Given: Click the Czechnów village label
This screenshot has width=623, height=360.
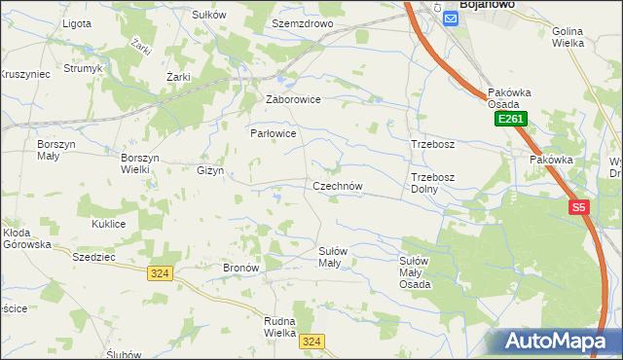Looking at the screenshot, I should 338,186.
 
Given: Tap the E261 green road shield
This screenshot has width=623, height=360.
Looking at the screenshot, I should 509,119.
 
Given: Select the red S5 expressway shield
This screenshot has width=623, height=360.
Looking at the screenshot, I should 579,207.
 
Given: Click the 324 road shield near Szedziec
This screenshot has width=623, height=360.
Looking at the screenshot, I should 161,274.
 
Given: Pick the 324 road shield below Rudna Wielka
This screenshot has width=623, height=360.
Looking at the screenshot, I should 311,342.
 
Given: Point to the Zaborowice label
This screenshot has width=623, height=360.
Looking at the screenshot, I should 293,99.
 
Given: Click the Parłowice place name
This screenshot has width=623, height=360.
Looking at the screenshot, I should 273,132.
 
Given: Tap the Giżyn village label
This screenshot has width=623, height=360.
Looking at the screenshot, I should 210,170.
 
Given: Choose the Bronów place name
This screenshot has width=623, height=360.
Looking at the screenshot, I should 240,267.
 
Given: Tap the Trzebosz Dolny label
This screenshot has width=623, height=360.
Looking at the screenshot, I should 432,183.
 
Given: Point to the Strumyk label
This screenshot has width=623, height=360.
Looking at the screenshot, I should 84,69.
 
